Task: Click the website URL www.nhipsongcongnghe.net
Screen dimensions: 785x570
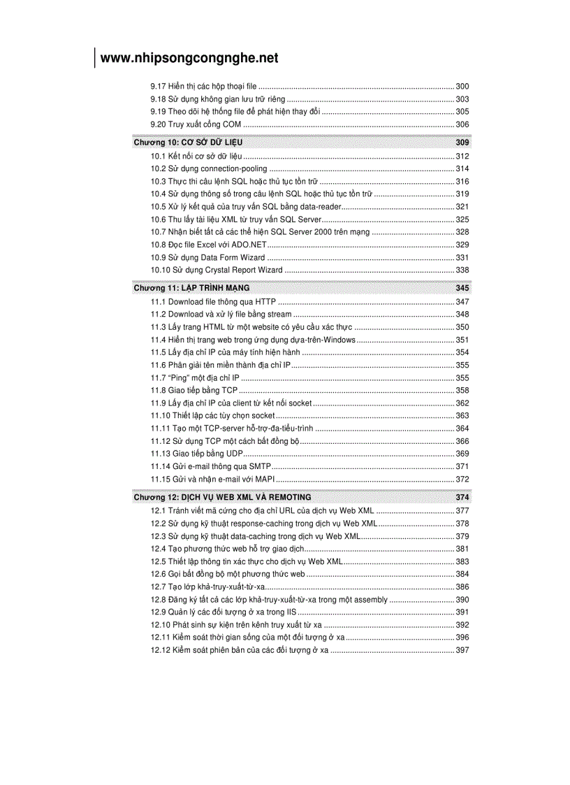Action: [189, 58]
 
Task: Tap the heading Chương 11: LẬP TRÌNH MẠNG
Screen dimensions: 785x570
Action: [191, 288]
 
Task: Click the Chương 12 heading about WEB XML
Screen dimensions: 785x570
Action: [222, 497]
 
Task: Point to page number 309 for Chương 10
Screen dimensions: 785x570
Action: [462, 143]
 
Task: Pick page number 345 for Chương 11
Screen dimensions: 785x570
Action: [462, 288]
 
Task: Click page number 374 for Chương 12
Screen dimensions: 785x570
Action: [462, 497]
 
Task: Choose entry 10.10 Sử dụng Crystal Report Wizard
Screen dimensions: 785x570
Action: [217, 270]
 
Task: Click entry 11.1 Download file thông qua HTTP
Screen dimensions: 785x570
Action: [213, 302]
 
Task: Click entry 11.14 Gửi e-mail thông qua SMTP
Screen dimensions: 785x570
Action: [211, 466]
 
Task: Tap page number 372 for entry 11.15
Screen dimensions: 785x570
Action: [462, 479]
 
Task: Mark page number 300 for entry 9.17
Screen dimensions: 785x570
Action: [462, 86]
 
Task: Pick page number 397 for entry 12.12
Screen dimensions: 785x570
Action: [462, 650]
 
